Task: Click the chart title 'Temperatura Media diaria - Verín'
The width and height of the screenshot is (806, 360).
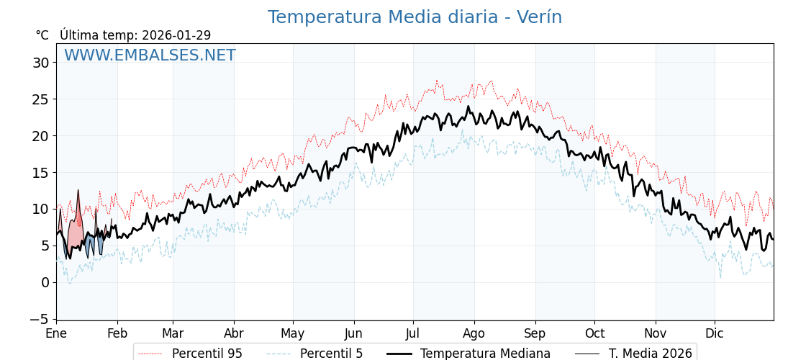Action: (x=415, y=17)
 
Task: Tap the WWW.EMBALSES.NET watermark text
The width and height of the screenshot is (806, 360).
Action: (x=150, y=55)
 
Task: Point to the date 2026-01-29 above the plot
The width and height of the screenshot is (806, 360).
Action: (x=176, y=35)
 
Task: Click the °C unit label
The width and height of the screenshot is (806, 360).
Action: (x=42, y=35)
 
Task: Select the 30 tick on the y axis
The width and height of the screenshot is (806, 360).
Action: (x=41, y=63)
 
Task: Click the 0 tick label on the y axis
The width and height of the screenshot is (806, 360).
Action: (x=45, y=282)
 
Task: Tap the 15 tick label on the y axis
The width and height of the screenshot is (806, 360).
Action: (x=41, y=173)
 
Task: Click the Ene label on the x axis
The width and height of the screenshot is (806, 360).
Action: (x=56, y=334)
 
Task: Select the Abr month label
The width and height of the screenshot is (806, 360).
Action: (x=234, y=334)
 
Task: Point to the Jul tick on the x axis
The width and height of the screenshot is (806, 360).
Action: (x=413, y=334)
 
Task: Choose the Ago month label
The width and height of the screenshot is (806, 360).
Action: (x=474, y=334)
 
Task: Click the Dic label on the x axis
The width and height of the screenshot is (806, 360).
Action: (x=715, y=334)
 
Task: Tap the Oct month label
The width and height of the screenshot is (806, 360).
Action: (x=594, y=334)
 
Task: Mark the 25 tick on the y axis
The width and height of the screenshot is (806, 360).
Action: (x=41, y=99)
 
